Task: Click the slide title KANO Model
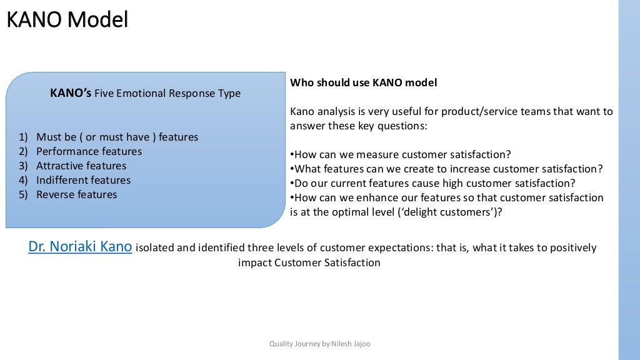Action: click(x=67, y=20)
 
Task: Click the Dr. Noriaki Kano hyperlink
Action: click(x=80, y=247)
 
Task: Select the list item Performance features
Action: click(x=89, y=151)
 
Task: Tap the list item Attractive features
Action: click(x=81, y=166)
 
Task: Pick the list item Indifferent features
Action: click(x=83, y=180)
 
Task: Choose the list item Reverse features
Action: click(x=76, y=194)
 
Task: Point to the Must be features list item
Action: click(x=117, y=137)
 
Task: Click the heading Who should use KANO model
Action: click(x=363, y=82)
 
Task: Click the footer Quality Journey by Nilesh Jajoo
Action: click(x=319, y=344)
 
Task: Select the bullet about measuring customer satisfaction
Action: click(x=401, y=154)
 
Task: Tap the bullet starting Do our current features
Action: click(x=432, y=183)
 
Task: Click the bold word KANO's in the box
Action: click(x=71, y=93)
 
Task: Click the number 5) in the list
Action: click(x=23, y=194)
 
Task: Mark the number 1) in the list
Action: click(x=23, y=137)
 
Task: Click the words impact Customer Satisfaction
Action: click(x=309, y=262)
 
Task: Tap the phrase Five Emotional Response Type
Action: click(x=167, y=94)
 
